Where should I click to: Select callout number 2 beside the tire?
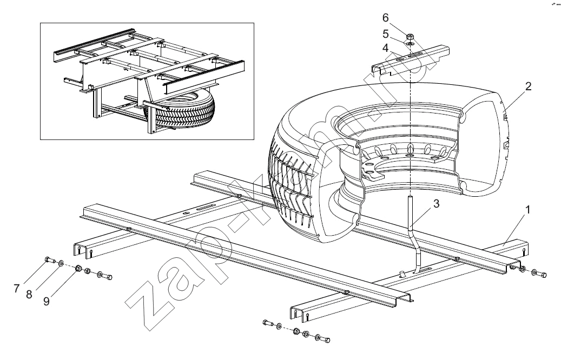(x=527, y=87)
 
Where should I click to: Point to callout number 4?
(x=385, y=48)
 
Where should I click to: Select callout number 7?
(x=17, y=289)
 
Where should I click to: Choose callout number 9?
(x=47, y=302)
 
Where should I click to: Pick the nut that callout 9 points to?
(x=78, y=268)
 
